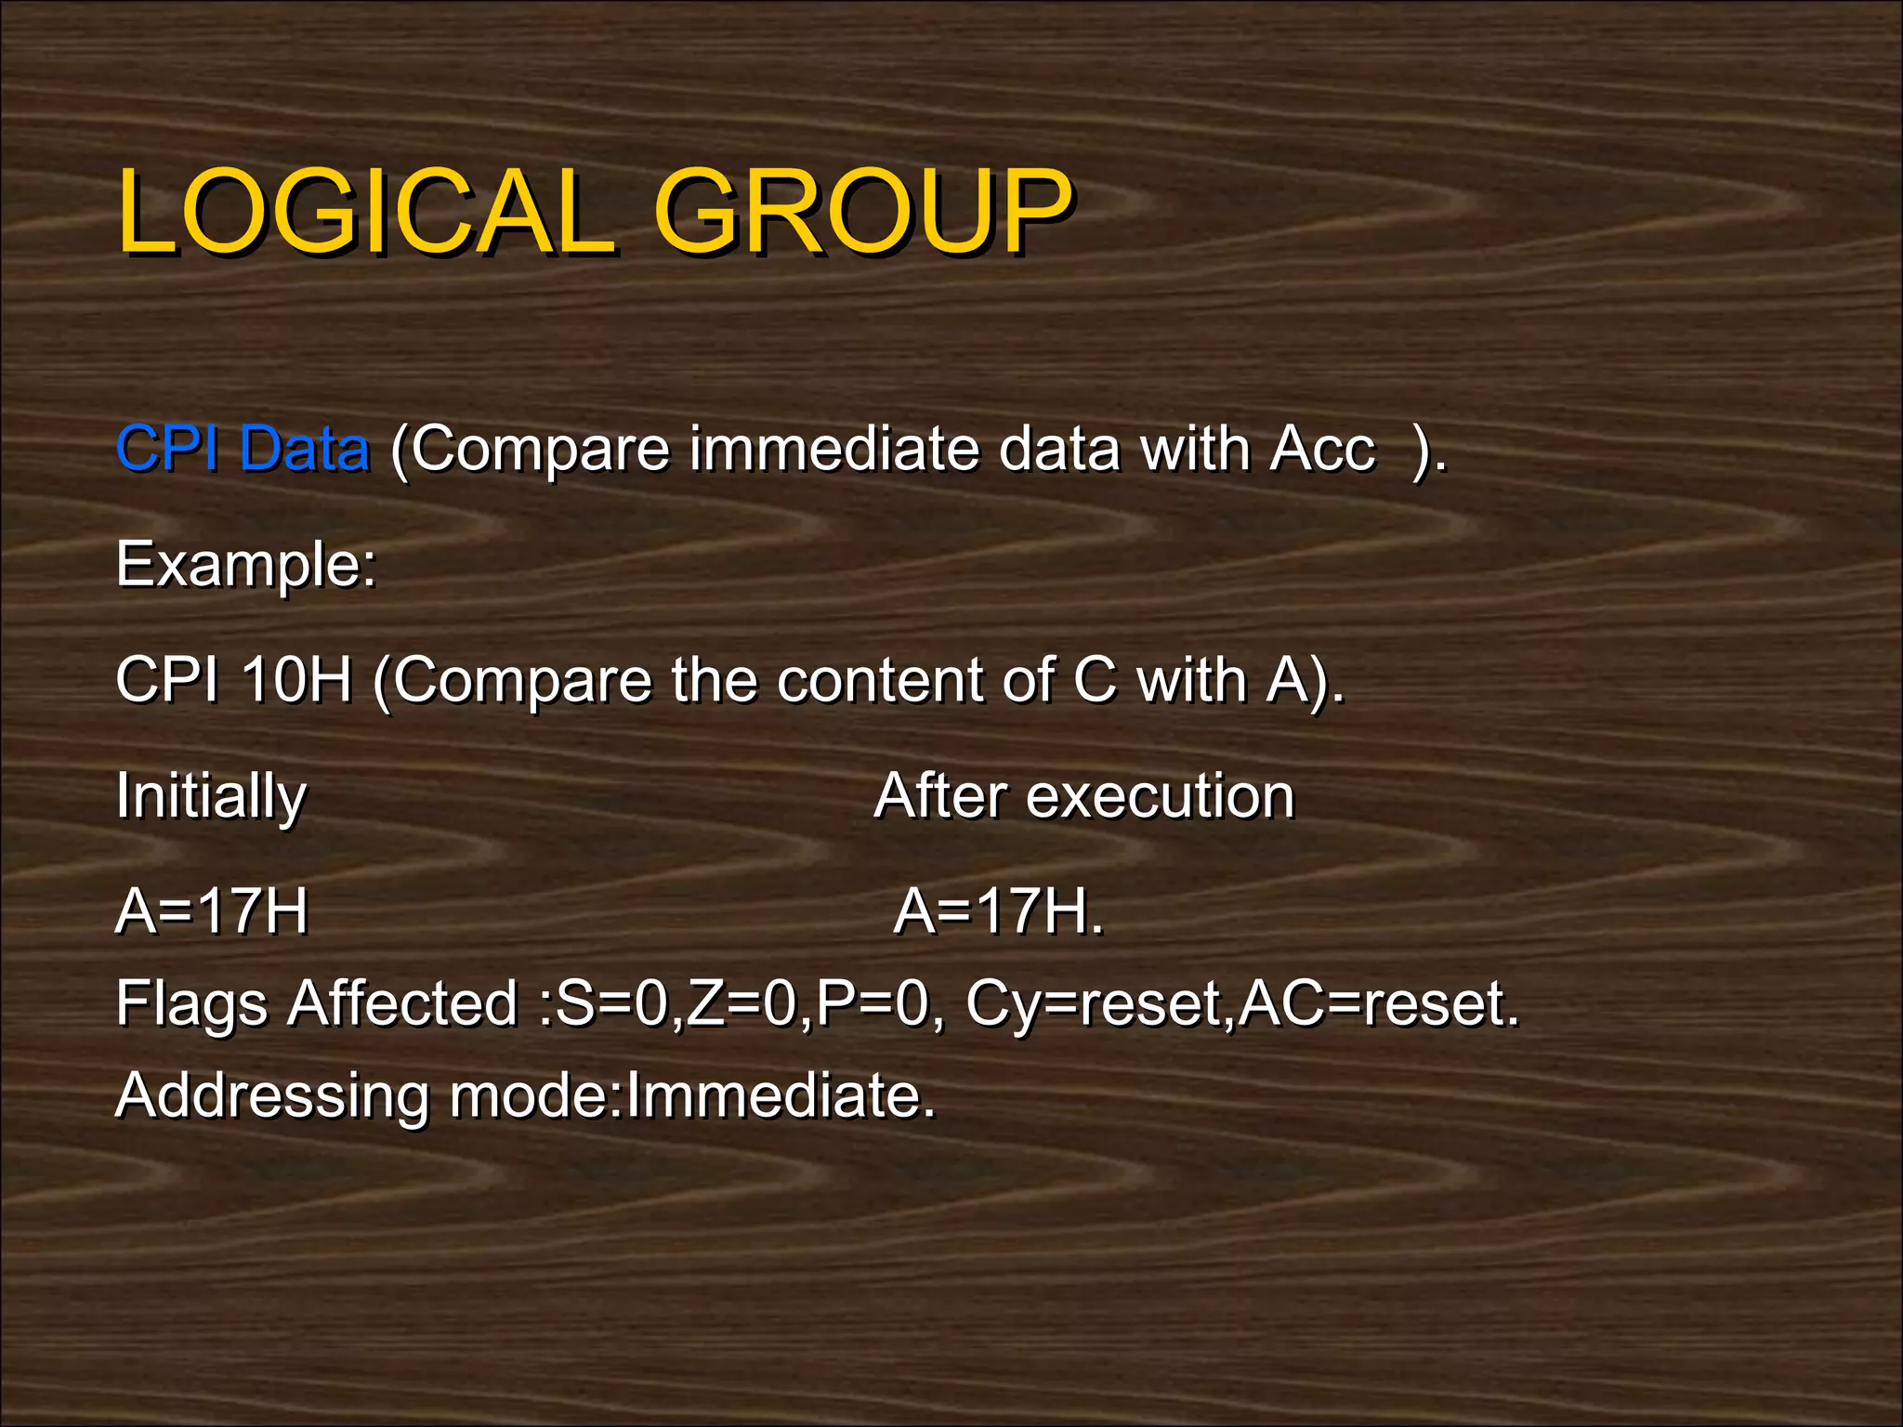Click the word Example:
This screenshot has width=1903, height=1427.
pyautogui.click(x=246, y=564)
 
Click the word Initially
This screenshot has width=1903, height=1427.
pyautogui.click(x=211, y=796)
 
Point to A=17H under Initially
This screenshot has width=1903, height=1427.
pyautogui.click(x=212, y=911)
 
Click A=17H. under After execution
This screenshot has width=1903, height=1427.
pyautogui.click(x=999, y=911)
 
